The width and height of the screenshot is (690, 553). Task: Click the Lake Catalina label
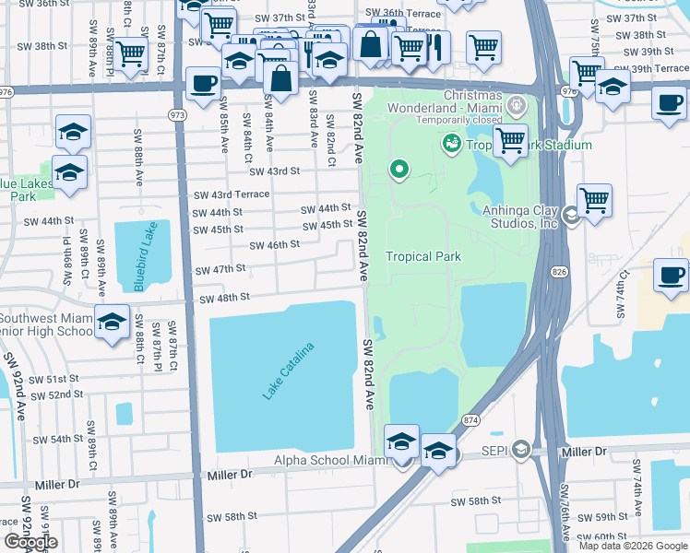coord(289,371)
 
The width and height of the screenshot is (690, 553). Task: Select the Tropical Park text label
coord(422,256)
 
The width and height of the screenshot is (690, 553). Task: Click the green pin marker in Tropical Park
coord(399,169)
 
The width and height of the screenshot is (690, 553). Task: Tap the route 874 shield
coord(470,420)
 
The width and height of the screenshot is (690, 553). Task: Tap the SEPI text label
coord(496,450)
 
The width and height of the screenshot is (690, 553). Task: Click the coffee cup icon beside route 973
coord(203,83)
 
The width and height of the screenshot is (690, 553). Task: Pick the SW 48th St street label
coord(226,298)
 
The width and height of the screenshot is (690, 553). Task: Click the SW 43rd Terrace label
coord(231,194)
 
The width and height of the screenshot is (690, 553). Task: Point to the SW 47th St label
coord(220,269)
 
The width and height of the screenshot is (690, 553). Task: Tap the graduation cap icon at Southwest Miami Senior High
coord(112,322)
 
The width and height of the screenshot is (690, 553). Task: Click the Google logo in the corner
coord(30,542)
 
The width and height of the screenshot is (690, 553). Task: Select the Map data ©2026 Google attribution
coord(633,546)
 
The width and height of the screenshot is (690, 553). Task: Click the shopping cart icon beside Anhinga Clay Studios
coord(595,199)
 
